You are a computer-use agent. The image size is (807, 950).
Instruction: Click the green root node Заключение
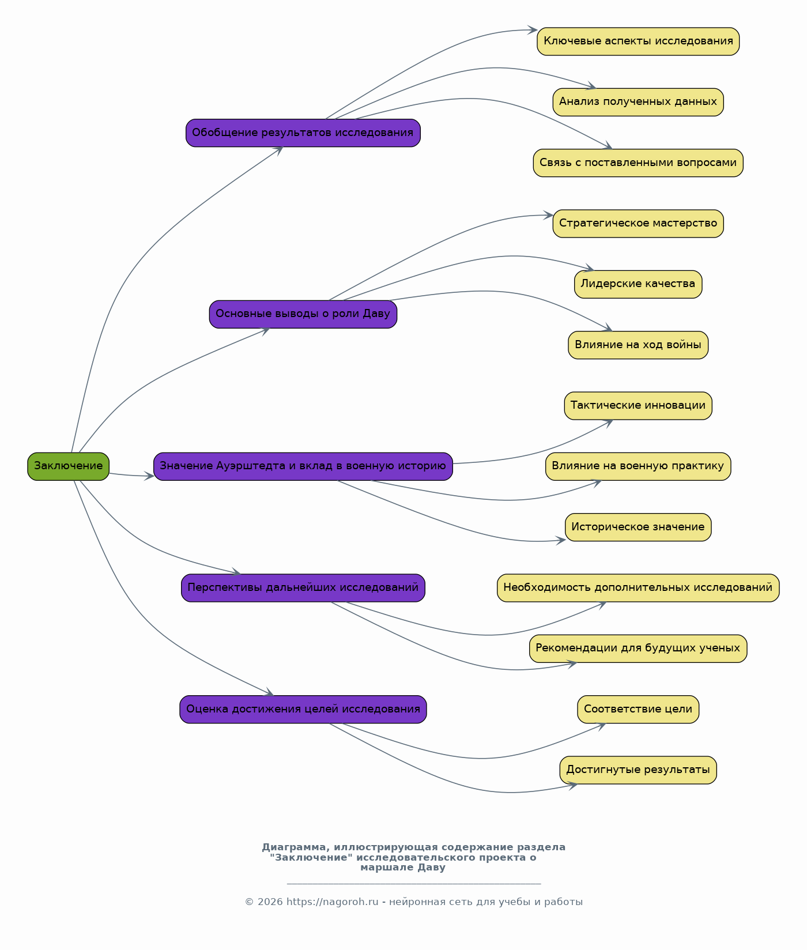coord(68,466)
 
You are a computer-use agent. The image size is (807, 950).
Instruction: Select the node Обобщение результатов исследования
coord(303,133)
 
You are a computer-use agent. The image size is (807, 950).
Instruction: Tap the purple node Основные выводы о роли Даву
coord(303,314)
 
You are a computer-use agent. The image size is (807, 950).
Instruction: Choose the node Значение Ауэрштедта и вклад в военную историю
coord(303,466)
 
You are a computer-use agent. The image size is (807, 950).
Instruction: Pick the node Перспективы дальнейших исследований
coord(303,588)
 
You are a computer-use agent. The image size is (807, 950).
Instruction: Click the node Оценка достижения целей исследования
coord(303,709)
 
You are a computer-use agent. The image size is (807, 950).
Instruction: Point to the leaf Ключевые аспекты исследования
coord(638,42)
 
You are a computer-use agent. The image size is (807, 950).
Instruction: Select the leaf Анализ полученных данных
coord(638,102)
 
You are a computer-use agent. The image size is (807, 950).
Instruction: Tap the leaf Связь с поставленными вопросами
coord(638,163)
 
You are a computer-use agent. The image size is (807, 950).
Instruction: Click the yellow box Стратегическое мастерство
coord(638,224)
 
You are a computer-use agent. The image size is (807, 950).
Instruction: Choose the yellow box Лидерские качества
coord(638,284)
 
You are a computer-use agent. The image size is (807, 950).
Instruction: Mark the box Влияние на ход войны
coord(638,345)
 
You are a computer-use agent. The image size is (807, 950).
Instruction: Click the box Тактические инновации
coord(638,406)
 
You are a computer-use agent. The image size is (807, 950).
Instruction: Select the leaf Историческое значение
coord(638,527)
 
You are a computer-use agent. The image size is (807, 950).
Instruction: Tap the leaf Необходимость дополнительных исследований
coord(638,588)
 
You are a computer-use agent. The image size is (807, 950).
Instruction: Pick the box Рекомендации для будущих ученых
coord(638,649)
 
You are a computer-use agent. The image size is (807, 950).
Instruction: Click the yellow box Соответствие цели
coord(638,709)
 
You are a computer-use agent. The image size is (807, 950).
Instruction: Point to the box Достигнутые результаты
coord(638,770)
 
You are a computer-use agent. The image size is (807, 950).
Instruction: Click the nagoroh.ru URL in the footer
coord(332,902)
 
